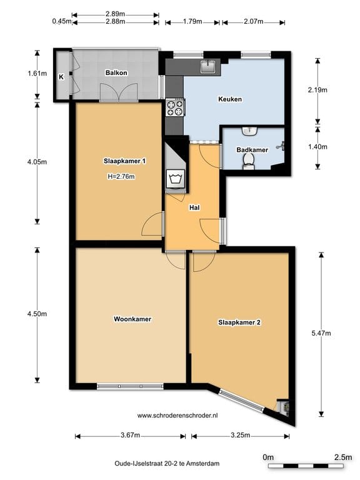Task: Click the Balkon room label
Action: point(116,73)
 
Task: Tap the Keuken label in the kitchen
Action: point(230,99)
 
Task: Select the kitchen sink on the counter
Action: point(208,66)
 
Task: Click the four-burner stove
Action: point(175,107)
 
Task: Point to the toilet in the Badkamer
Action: point(249,162)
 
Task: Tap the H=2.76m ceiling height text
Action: point(121,177)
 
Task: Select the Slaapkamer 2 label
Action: point(239,322)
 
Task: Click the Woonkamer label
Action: point(132,319)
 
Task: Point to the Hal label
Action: point(194,207)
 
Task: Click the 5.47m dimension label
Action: point(321,333)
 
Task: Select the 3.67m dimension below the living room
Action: point(131,435)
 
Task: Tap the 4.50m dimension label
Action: point(37,314)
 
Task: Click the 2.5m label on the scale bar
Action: point(343,457)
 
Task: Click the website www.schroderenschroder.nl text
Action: point(177,416)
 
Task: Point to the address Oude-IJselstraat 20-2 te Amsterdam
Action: point(167,464)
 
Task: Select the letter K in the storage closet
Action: point(61,77)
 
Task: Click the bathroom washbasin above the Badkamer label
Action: point(249,131)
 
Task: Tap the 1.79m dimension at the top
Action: point(192,21)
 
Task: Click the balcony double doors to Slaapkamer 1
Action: point(119,92)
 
